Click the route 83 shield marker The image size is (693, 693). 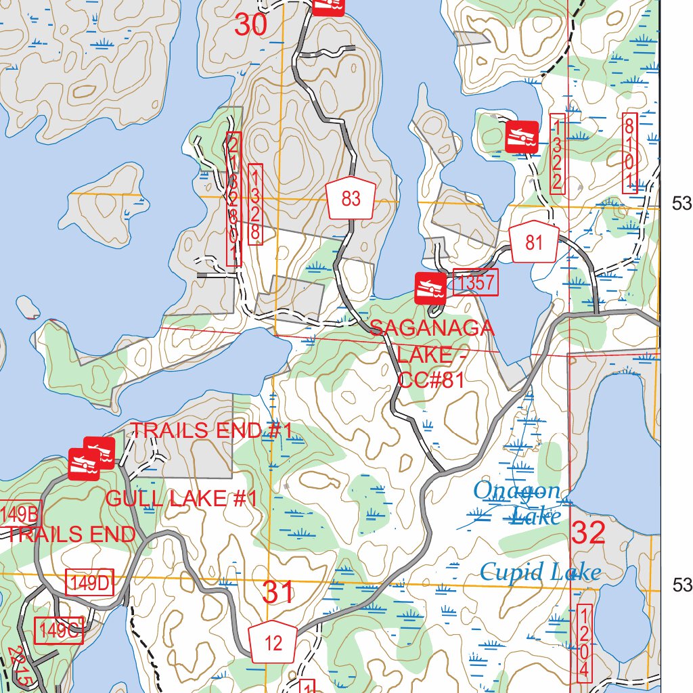tap(351, 199)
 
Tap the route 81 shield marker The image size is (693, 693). tap(534, 243)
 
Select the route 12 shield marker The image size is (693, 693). tap(273, 642)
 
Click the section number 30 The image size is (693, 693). tap(251, 25)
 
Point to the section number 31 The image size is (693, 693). tap(278, 593)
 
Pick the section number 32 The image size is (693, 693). tap(587, 533)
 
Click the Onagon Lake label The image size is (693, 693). tap(518, 502)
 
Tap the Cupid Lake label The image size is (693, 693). tap(540, 573)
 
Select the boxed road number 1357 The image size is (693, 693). tap(475, 284)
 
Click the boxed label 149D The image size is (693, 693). tap(89, 583)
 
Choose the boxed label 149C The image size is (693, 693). tap(59, 630)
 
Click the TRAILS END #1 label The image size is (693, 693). tap(210, 430)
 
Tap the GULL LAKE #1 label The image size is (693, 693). tap(181, 499)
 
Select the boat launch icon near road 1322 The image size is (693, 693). tap(522, 137)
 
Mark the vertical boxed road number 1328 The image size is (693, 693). tap(255, 204)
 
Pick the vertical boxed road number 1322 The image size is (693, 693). tap(557, 154)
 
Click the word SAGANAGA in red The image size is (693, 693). tap(432, 328)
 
